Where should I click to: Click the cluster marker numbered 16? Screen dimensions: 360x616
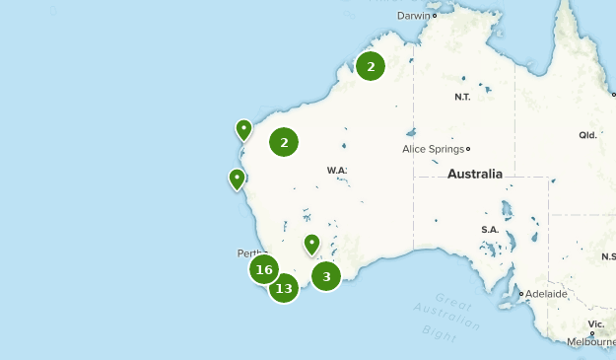[263, 269]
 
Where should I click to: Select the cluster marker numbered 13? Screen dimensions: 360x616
[284, 288]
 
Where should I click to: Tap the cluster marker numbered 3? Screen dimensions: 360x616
[326, 276]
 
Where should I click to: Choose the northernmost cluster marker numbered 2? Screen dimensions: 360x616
[371, 66]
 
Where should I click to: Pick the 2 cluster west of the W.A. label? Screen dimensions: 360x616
[284, 142]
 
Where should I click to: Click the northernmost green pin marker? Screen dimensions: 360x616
[243, 129]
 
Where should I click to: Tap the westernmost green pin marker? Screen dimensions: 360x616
[237, 179]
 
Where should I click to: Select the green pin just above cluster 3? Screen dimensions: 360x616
[311, 243]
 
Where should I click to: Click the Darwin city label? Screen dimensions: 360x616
[414, 16]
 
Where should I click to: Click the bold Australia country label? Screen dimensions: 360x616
[474, 175]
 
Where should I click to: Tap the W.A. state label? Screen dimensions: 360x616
[337, 171]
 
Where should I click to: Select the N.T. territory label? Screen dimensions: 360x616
[462, 97]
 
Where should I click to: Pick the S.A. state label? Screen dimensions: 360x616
[490, 230]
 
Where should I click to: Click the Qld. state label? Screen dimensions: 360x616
[587, 135]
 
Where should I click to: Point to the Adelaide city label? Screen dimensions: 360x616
[546, 294]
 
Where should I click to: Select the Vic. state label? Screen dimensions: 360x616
[596, 324]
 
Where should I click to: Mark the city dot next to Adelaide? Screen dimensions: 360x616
[521, 294]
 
